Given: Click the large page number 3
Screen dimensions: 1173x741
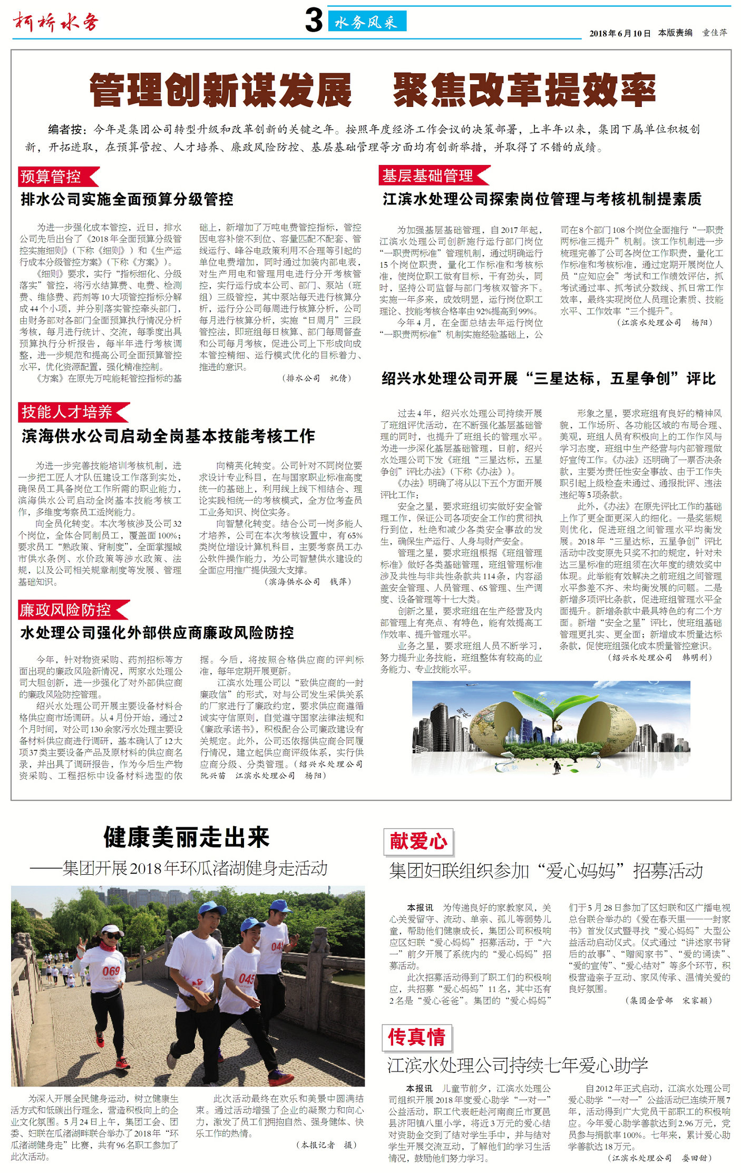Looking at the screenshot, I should click(x=314, y=21).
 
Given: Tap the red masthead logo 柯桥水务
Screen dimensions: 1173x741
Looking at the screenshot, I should click(x=56, y=22).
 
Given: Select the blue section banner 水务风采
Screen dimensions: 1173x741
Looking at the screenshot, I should click(x=367, y=22).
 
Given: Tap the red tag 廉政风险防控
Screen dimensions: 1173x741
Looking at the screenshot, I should click(x=67, y=610).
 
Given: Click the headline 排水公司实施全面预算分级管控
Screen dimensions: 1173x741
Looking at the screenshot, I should click(x=127, y=199).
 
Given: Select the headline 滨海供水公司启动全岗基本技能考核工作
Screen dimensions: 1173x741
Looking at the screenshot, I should click(x=169, y=436).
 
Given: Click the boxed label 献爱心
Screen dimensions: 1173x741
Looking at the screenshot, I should click(x=418, y=841).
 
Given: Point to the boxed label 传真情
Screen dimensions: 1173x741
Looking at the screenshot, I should click(x=417, y=1037).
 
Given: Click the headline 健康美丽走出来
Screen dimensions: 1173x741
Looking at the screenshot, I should click(x=187, y=837).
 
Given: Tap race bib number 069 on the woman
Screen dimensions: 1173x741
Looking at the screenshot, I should click(x=111, y=971).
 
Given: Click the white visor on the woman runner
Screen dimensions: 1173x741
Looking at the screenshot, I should click(x=112, y=930).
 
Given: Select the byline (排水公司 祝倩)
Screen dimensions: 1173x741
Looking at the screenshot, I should click(x=317, y=378).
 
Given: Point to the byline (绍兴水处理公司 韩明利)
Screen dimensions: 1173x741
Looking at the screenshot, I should click(x=659, y=657).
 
